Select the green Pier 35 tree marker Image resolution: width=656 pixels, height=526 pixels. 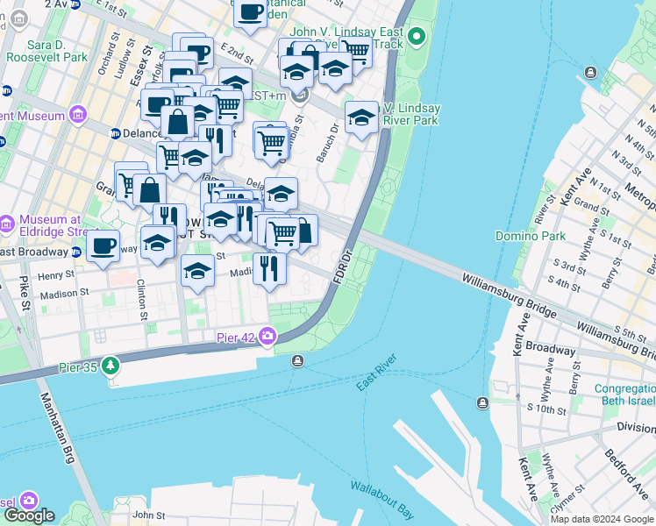111,364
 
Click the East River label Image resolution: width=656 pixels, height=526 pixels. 377,373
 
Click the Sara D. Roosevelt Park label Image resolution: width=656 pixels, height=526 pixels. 46,50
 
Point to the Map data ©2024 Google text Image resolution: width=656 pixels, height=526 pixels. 603,519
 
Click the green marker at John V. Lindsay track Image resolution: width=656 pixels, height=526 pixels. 417,37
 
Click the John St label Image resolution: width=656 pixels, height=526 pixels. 149,516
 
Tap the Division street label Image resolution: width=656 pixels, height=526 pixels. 635,428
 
